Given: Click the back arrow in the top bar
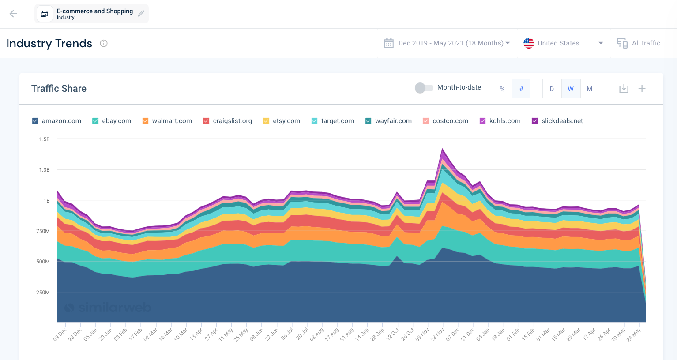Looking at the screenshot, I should click(13, 14).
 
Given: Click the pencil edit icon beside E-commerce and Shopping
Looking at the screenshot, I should click(141, 14).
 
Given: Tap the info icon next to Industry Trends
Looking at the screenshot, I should click(104, 43).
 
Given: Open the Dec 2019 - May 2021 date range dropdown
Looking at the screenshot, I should click(447, 43).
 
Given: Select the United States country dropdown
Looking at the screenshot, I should click(563, 43).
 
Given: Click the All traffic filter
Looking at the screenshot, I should click(639, 43).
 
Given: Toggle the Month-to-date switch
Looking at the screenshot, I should click(424, 88).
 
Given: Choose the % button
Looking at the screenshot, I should click(502, 89).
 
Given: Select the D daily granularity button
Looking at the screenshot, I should click(552, 89).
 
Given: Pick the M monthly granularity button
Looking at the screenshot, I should click(589, 89).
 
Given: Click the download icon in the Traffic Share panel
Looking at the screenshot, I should click(624, 89).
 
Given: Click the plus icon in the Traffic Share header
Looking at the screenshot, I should click(642, 89).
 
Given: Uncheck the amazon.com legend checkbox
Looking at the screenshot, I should click(35, 121).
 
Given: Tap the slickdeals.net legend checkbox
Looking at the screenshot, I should click(535, 121).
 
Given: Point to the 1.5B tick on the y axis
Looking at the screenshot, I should click(44, 139).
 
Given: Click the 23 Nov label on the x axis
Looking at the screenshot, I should click(438, 335).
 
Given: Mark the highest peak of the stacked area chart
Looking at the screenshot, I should click(442, 149).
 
